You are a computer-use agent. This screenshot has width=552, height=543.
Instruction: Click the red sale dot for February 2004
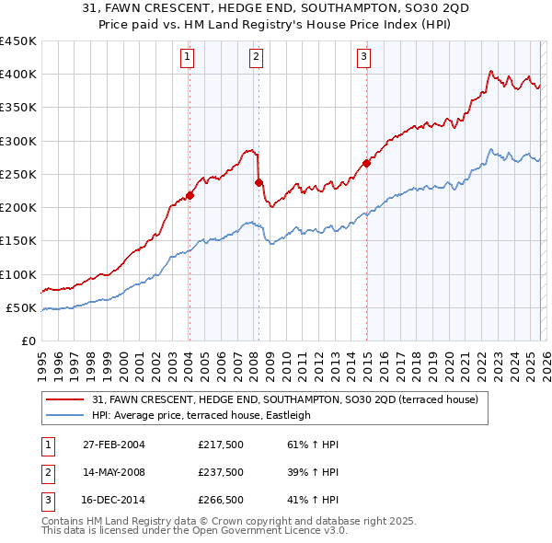pos(190,195)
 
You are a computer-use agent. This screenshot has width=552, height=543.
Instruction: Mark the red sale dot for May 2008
pos(259,182)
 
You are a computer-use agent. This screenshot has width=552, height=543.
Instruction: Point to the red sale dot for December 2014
pos(366,163)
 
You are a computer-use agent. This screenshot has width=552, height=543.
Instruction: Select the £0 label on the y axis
pos(28,341)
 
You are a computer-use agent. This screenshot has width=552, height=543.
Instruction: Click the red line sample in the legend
pos(66,400)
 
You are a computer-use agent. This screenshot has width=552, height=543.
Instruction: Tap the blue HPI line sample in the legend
pos(66,415)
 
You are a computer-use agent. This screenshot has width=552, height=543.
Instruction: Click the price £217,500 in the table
pos(221,445)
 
